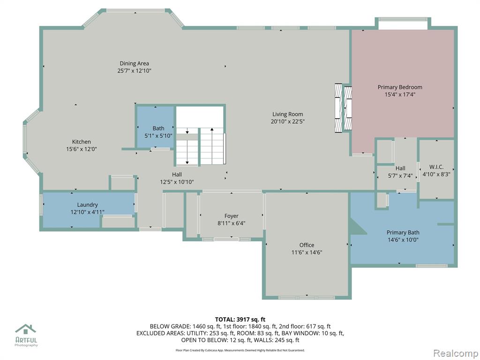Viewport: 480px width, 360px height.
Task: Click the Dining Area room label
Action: click(135, 63)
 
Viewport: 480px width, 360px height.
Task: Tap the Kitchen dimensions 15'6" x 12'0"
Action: click(82, 149)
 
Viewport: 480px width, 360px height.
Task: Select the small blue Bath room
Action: click(156, 127)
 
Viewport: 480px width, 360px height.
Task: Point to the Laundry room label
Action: click(88, 205)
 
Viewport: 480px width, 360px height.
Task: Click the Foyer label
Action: click(232, 216)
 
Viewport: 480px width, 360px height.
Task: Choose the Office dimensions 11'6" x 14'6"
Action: click(307, 253)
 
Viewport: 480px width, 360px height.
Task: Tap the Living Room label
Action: click(288, 114)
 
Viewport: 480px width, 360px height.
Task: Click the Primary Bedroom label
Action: click(400, 87)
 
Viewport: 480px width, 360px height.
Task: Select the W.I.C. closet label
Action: click(436, 167)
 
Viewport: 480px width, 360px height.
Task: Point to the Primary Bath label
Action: click(403, 232)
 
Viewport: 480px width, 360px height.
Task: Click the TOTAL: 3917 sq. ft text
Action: click(240, 320)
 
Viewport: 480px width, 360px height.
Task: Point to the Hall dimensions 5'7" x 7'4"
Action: click(400, 176)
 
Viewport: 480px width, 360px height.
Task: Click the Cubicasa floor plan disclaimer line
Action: click(240, 350)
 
